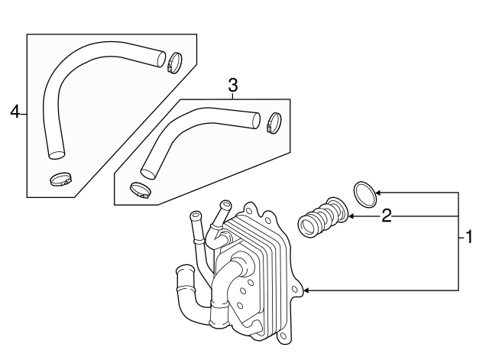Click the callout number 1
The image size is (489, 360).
coord(468,238)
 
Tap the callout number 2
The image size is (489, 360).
coord(387,216)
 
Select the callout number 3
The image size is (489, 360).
coord(233,86)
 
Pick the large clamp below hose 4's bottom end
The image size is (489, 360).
coord(60,181)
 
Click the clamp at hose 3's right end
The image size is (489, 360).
coord(274,122)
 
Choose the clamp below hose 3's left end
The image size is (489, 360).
coord(141,190)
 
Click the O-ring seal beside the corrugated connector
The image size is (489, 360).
coord(365,193)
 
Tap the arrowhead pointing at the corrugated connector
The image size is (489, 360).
coord(351,217)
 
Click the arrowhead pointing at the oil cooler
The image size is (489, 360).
coord(307,290)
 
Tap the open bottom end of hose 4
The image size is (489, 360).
coord(56,155)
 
